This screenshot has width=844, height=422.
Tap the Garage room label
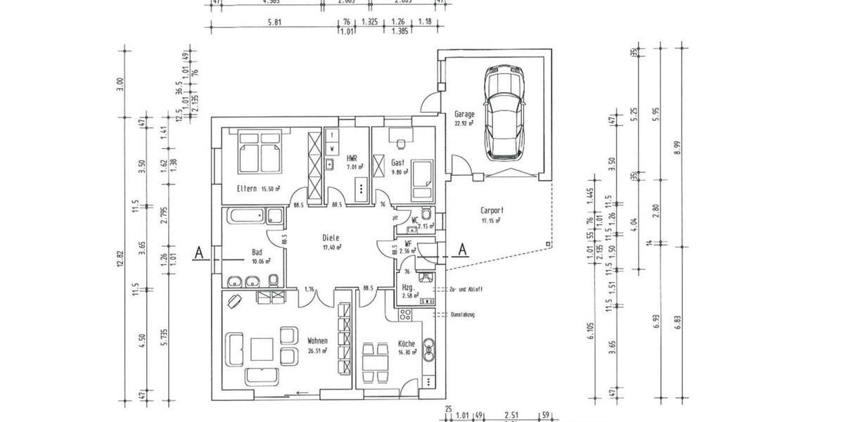(x=464, y=113)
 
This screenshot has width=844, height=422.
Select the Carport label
(x=492, y=210)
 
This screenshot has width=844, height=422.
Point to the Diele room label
(x=331, y=238)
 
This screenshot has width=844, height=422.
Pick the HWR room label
(x=352, y=158)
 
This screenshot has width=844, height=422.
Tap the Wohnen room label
(x=317, y=341)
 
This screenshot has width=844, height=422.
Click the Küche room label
(x=407, y=344)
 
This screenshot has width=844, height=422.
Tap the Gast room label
(x=397, y=162)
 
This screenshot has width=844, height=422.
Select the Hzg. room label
(x=407, y=288)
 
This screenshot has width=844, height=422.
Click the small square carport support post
(x=546, y=244)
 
